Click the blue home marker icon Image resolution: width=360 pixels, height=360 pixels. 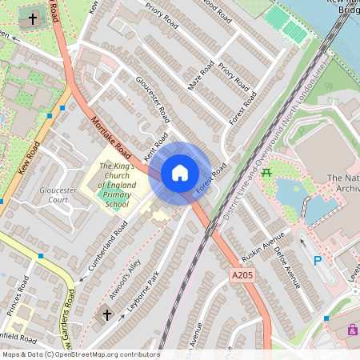(x=180, y=173)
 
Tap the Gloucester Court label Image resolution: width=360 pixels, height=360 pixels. (x=57, y=196)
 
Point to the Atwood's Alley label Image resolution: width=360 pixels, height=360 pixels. (x=126, y=276)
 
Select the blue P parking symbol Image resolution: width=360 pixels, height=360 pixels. (x=318, y=260)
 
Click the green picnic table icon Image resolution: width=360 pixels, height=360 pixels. (x=266, y=172)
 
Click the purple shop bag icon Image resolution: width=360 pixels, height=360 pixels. (x=351, y=330)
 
